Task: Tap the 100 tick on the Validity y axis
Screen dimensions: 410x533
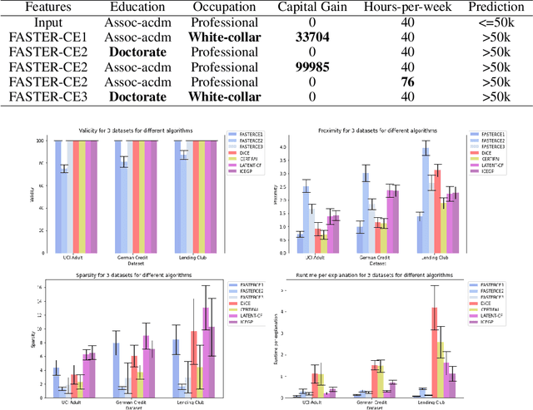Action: (37, 141)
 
